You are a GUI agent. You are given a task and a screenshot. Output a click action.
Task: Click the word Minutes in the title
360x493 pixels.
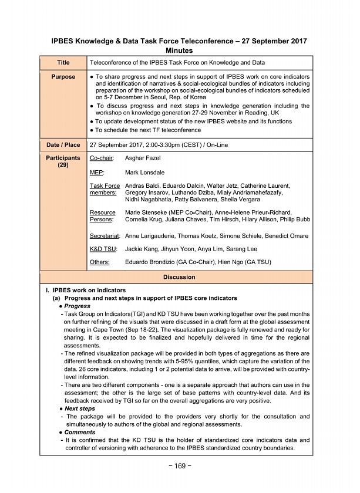pos(180,50)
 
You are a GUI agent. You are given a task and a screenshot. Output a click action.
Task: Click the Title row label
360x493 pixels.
pos(63,62)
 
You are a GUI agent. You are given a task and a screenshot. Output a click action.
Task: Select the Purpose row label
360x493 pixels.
pos(63,77)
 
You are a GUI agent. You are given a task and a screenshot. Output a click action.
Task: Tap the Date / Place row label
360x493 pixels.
pos(63,144)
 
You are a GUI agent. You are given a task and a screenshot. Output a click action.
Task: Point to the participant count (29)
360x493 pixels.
pos(63,166)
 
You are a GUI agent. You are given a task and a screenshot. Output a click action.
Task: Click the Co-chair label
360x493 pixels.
pos(102,158)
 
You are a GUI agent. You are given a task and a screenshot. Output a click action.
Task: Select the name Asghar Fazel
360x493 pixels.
pos(144,158)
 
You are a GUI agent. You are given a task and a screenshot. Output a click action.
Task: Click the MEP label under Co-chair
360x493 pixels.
pos(96,173)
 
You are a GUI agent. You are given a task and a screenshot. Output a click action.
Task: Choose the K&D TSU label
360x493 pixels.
pos(103,249)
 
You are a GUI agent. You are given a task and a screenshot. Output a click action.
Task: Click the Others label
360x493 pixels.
pos(99,262)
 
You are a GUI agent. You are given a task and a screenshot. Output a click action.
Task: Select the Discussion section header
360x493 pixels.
pos(179,276)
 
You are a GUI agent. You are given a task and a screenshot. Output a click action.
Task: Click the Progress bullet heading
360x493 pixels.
pos(77,306)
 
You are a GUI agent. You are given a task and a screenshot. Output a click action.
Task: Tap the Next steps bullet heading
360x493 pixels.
pos(79,408)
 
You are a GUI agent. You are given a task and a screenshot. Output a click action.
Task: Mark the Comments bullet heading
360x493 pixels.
pos(79,432)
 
